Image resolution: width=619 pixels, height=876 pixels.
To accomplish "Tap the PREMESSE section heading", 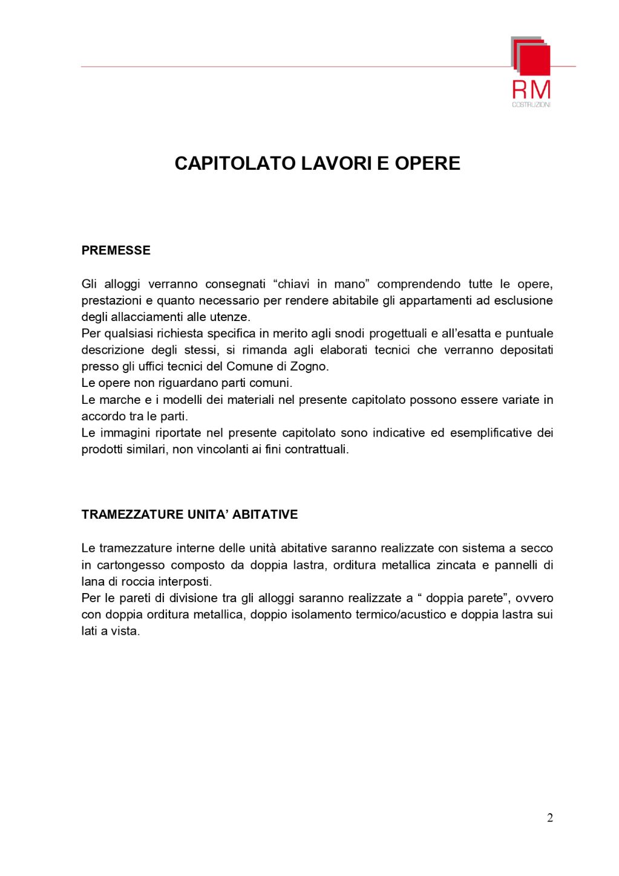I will [x=116, y=250].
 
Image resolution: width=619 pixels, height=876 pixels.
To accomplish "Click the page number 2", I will [x=549, y=818].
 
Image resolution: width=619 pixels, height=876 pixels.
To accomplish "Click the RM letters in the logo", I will [x=531, y=90].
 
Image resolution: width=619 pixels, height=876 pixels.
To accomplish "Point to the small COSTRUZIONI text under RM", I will [x=531, y=105].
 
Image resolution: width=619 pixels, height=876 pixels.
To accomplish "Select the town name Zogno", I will [x=311, y=366].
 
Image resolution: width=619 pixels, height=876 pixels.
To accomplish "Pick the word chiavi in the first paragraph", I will [x=294, y=284].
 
